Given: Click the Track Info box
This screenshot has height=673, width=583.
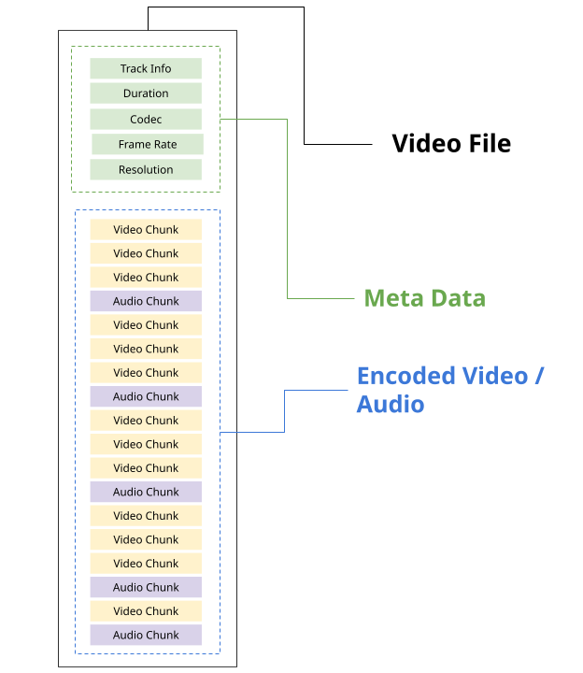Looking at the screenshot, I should [146, 68].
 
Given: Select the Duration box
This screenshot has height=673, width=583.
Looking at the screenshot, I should [146, 93].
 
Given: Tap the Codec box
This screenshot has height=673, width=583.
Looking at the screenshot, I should [146, 120].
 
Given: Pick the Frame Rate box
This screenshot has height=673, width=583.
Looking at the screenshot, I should [148, 144].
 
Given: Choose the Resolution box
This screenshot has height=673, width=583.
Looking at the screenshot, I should [146, 169].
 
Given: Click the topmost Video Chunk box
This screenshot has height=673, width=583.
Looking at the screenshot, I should [146, 229].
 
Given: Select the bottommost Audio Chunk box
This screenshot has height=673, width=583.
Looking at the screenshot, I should [146, 635].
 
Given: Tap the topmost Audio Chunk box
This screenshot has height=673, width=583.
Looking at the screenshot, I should [146, 301].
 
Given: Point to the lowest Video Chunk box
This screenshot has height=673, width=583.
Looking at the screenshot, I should [146, 610].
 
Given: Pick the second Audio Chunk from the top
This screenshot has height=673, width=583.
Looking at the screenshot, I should [146, 396].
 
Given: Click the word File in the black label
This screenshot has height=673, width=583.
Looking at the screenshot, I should [490, 143].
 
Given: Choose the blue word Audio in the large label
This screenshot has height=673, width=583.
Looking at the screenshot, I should [391, 404].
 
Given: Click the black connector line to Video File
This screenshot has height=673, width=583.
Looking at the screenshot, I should [305, 75].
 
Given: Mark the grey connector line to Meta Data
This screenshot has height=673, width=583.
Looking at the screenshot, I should [286, 206].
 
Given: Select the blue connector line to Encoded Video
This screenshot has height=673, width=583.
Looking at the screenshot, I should [284, 411].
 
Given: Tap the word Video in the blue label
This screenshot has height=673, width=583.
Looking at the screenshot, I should [491, 376].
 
